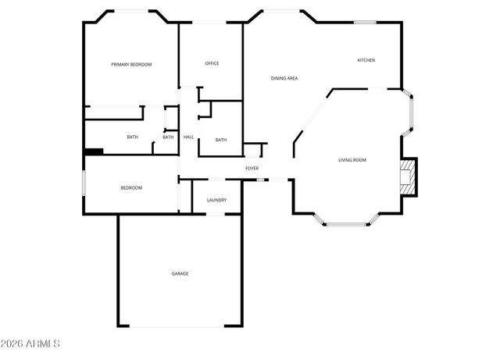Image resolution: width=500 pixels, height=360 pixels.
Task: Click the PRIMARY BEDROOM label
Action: pos(130,64)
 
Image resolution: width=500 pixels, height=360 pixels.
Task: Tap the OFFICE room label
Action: pos(212,63)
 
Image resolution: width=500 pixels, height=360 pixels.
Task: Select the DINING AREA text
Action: pos(284,78)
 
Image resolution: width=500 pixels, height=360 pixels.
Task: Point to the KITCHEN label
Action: pos(366,60)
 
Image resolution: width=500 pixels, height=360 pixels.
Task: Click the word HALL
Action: pos(188,137)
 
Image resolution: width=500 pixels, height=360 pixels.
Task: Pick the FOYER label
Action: pos(252,168)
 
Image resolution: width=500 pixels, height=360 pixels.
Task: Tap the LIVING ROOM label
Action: pos(352,160)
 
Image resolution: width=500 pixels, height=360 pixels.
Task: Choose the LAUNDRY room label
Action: pos(216,200)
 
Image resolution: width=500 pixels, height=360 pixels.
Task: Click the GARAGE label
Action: pos(180,273)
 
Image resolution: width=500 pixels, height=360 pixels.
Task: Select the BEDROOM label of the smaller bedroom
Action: pos(131,187)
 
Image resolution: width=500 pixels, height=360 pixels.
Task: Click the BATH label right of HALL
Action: pos(221,140)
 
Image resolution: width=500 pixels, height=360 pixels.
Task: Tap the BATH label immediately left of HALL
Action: pos(168,137)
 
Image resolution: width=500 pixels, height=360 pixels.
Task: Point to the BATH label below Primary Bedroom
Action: pos(132,137)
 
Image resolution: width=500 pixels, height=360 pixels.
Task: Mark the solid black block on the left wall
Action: pos(94,152)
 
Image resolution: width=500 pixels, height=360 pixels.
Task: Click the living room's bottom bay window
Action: pos(347,225)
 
